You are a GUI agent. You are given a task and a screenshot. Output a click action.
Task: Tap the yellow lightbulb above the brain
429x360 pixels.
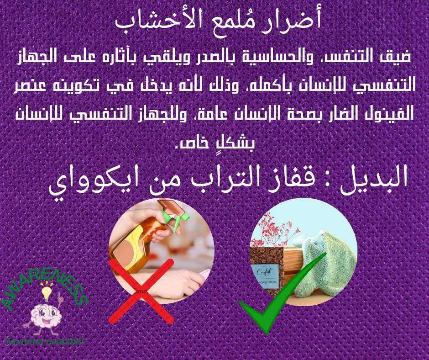pyautogui.click(x=45, y=291)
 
